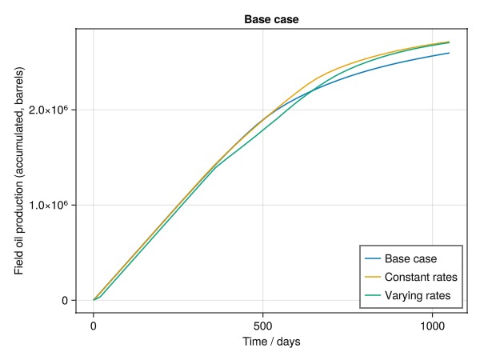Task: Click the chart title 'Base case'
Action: click(272, 19)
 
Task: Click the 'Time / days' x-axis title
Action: click(272, 342)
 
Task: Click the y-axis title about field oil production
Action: click(19, 170)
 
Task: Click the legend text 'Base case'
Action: click(411, 258)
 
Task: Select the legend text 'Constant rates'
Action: click(421, 278)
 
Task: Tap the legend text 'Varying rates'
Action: click(418, 297)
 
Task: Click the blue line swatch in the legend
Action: click(372, 258)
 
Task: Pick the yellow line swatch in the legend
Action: click(372, 278)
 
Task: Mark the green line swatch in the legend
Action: click(372, 297)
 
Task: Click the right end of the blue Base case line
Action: click(449, 53)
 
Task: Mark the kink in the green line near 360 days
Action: click(216, 167)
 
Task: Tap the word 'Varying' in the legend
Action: click(403, 297)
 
